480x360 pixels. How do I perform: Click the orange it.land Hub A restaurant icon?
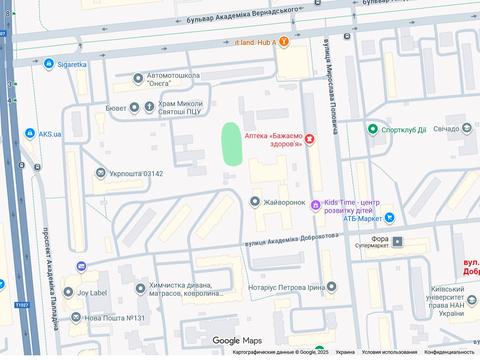pos(285,41)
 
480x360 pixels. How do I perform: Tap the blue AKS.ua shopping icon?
pos(29,133)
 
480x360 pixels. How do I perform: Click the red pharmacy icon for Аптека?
pos(310,139)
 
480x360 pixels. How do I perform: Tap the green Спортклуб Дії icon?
pos(372,129)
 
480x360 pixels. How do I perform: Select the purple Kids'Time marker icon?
pos(316,206)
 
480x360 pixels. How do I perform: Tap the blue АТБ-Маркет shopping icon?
pos(390,217)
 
